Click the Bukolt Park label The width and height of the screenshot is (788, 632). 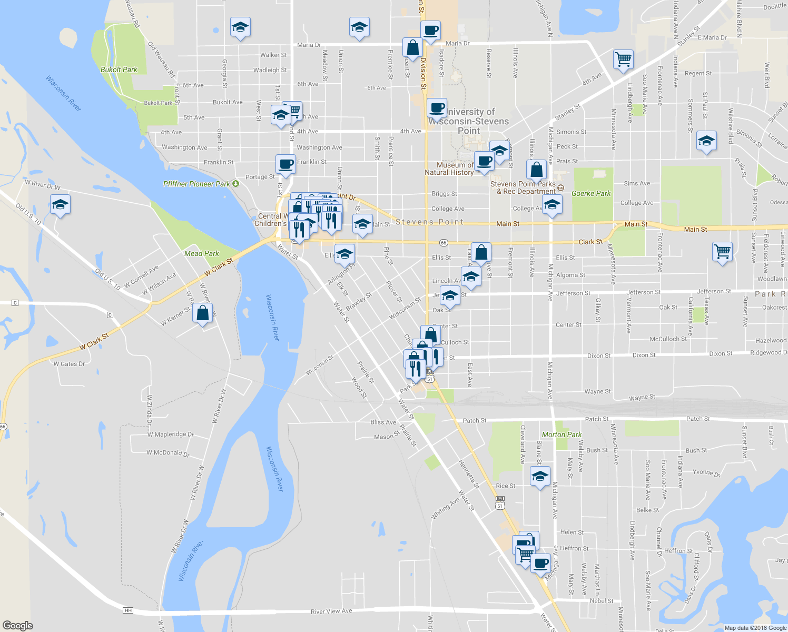click(119, 70)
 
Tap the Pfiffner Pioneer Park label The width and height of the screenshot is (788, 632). click(196, 184)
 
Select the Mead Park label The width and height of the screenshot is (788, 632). click(201, 253)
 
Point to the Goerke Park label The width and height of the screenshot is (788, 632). click(591, 193)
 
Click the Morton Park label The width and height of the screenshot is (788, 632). click(562, 434)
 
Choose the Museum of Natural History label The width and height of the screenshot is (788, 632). click(449, 169)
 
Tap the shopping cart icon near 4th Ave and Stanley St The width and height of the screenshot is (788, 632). click(623, 59)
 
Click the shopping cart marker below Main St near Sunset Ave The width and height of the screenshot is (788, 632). click(722, 251)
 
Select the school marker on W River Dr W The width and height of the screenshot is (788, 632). click(60, 204)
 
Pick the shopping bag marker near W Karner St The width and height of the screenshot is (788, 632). click(203, 313)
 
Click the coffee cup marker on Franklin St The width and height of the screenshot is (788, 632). click(285, 164)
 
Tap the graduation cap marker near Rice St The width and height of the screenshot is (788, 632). click(540, 477)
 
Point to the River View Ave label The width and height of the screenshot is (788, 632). click(331, 611)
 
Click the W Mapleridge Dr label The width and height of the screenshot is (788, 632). click(170, 434)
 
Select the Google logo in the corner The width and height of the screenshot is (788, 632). click(17, 625)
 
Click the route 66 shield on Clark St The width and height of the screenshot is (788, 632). click(444, 243)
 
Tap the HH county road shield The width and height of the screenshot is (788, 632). click(127, 610)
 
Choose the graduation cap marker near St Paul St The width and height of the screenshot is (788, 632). click(706, 141)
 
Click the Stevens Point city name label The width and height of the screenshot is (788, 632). click(429, 222)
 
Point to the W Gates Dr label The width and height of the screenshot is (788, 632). click(69, 364)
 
